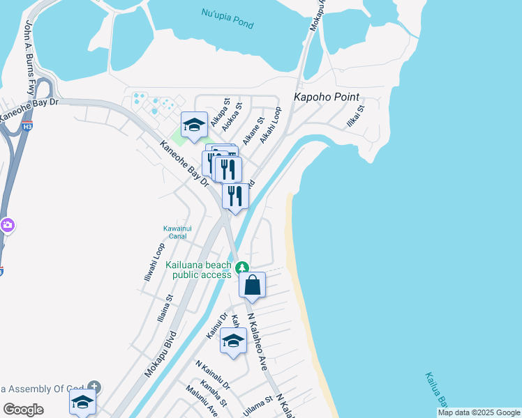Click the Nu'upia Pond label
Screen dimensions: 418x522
pos(227,14)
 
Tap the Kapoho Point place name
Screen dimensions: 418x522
pos(326,97)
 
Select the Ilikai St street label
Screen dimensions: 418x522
pos(356,116)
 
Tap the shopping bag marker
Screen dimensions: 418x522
pos(252,285)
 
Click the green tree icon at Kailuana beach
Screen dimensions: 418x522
pos(242,268)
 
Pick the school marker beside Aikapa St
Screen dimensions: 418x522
pos(194,125)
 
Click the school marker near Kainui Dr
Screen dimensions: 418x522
pos(233,341)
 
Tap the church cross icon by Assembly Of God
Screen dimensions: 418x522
pos(95,386)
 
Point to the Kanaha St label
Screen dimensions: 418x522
pos(214,394)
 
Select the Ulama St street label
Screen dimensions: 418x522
pos(258,402)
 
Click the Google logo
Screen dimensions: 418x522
pos(23,410)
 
